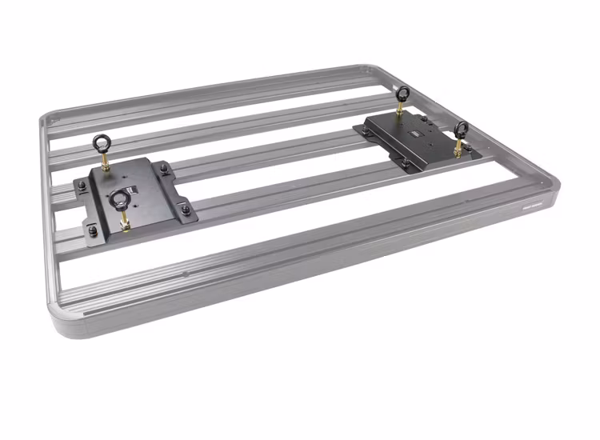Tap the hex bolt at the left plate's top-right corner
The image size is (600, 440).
click(x=164, y=168)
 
